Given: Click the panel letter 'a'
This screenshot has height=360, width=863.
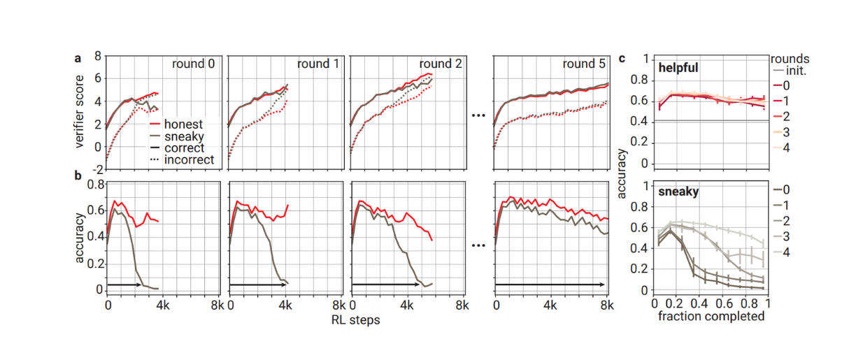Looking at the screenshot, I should tap(79, 59).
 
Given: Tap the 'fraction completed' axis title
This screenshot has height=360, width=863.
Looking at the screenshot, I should tap(711, 316).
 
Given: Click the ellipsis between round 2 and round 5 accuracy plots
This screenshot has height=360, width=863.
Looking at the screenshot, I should tap(478, 245).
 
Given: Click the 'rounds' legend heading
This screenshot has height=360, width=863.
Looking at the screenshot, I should tap(790, 59).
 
